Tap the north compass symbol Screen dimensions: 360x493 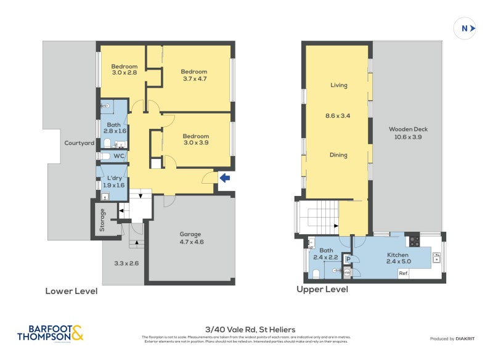[465, 28]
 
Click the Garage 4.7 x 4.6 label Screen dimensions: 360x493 [191, 238]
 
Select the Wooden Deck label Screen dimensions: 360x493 [408, 133]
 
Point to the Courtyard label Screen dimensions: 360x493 [79, 143]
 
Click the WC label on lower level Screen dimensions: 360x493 [118, 157]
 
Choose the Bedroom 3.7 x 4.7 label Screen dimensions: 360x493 [194, 75]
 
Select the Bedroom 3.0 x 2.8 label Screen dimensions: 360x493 [124, 70]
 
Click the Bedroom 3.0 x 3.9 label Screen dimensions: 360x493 [195, 139]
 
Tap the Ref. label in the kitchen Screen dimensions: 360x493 [404, 272]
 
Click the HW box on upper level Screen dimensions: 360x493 [348, 272]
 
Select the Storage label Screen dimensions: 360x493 [103, 220]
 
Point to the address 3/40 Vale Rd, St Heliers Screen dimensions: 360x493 [246, 329]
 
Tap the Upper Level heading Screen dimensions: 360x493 [322, 289]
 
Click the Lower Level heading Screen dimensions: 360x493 [71, 291]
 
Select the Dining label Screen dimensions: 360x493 [338, 155]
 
